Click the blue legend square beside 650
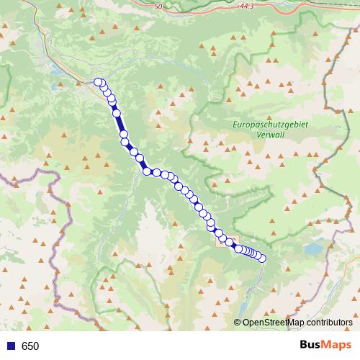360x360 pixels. tap(10, 346)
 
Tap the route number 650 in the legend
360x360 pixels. tap(30, 346)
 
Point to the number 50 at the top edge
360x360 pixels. tap(158, 6)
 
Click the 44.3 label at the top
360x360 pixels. tap(228, 6)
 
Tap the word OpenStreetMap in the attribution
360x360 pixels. tap(270, 323)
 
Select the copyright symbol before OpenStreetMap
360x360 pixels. tap(238, 323)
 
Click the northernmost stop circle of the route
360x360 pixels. tap(98, 82)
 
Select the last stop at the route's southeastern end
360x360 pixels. tap(262, 258)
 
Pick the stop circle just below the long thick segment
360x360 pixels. tap(124, 135)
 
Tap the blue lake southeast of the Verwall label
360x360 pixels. tap(314, 248)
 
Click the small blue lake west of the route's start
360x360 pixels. tap(56, 71)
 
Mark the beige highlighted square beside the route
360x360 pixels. tap(225, 241)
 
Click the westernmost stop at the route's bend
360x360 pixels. tap(147, 171)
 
